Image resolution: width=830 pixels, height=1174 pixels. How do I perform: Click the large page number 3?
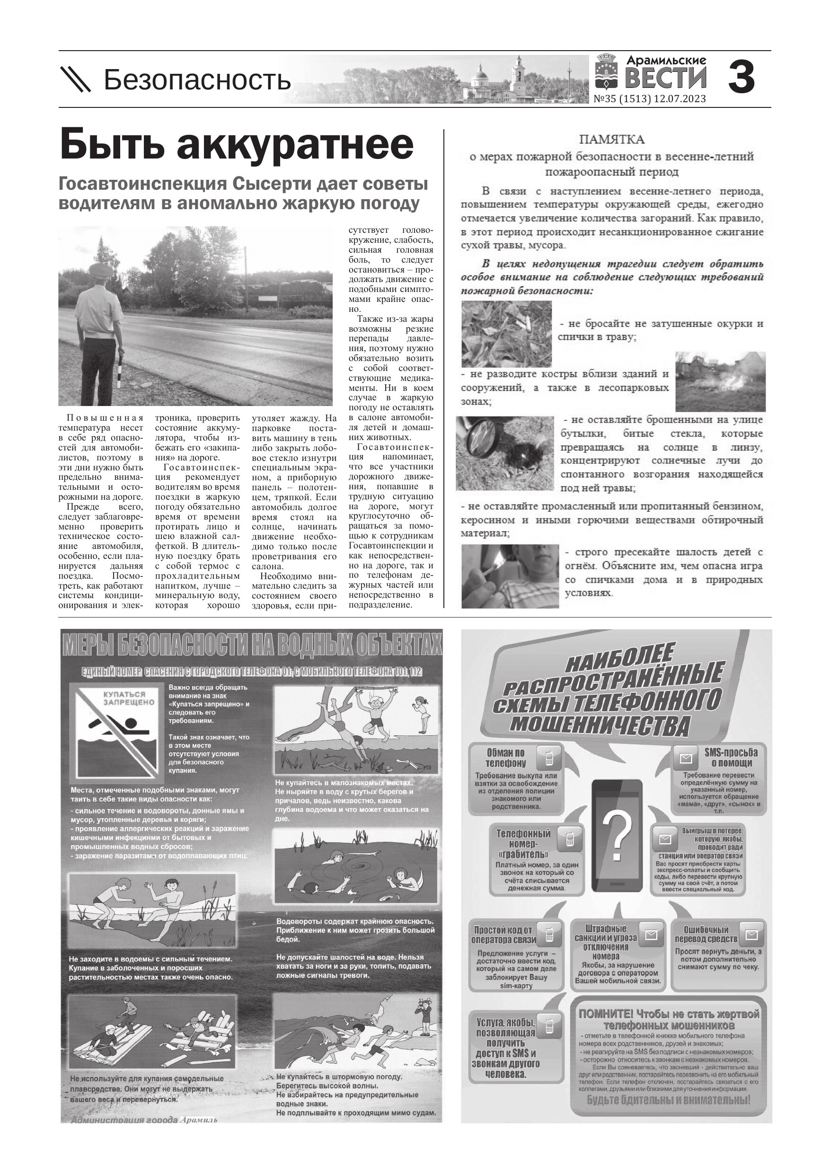[x=741, y=78]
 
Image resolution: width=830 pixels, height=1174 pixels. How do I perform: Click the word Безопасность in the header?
[x=197, y=80]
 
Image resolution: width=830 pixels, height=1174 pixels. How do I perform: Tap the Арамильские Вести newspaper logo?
[x=651, y=74]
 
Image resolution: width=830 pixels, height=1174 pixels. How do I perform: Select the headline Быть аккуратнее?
[x=237, y=145]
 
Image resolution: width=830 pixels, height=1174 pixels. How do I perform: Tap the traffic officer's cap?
[x=99, y=270]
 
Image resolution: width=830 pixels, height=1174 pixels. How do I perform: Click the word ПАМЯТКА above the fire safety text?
[x=612, y=140]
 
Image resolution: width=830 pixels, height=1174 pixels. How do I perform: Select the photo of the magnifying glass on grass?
[x=505, y=453]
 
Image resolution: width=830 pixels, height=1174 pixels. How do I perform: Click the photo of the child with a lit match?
[x=510, y=576]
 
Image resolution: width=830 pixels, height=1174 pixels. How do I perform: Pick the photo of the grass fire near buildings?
[x=720, y=381]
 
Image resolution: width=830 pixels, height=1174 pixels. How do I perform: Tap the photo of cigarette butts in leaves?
[x=506, y=334]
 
